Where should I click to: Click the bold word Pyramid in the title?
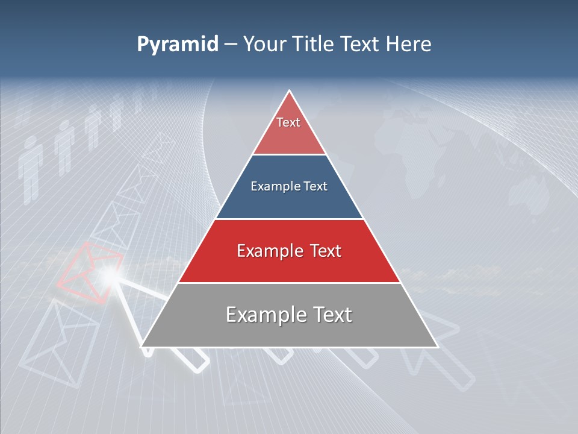click(177, 45)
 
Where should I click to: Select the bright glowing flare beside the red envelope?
click(109, 275)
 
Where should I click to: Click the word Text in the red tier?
click(326, 251)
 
